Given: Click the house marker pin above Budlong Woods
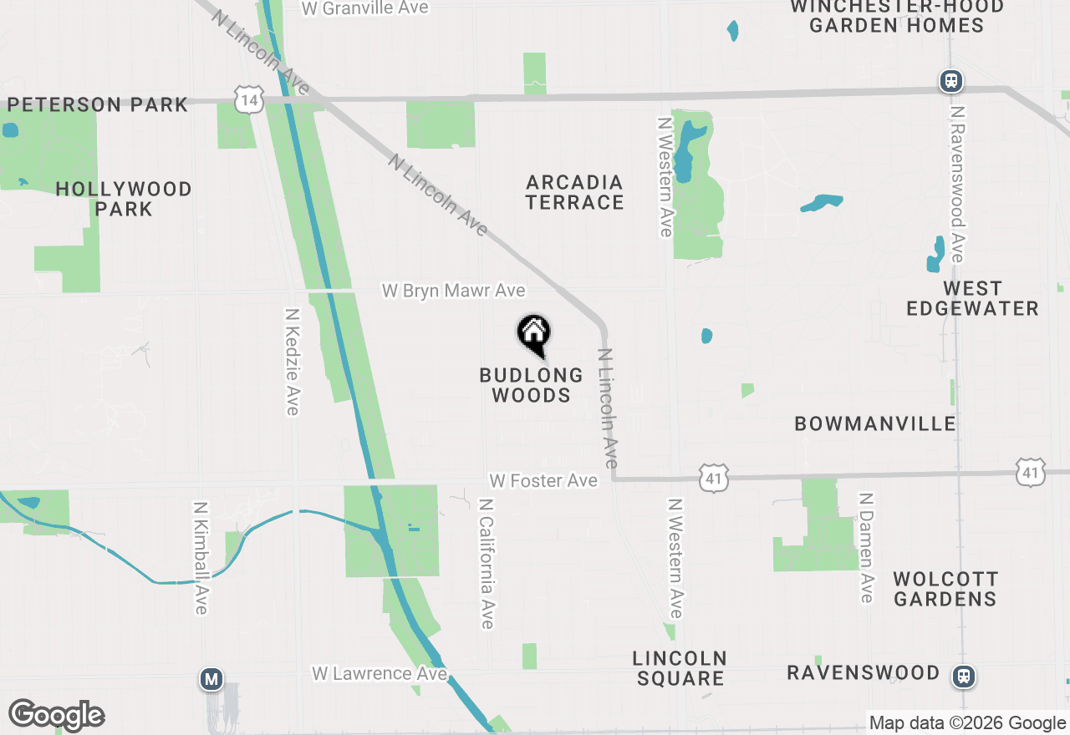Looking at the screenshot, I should (534, 334).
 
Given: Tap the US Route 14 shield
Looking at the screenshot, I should (249, 99).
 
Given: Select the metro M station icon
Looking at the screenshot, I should (211, 680).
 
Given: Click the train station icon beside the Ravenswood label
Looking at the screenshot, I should (965, 675).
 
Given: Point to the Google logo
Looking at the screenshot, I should (57, 716).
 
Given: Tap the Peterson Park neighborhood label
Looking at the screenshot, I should (98, 105).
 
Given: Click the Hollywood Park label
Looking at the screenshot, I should (124, 199).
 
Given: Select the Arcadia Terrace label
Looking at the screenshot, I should (575, 192).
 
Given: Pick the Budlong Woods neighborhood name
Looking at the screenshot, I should (532, 385).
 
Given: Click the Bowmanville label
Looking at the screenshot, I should (875, 423).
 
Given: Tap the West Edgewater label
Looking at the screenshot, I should (972, 298).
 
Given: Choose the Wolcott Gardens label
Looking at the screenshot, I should (945, 589).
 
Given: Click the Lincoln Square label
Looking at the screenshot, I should (680, 668).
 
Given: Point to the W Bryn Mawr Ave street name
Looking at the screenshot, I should (454, 291).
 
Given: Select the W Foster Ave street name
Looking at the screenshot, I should (543, 480).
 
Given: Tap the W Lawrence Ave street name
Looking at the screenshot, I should (380, 673).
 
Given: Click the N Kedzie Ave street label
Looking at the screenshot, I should (292, 362).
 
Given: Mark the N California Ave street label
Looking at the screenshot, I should (487, 564).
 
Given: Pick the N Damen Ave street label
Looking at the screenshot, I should (866, 547).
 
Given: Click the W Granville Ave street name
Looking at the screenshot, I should (365, 8).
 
